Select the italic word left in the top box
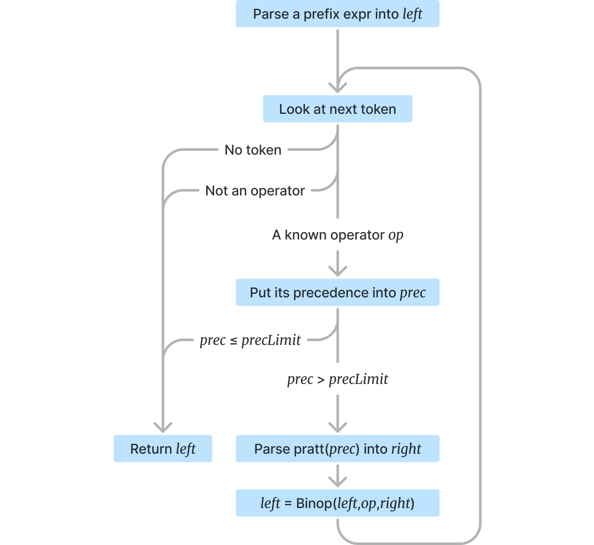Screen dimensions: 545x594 pos(412,14)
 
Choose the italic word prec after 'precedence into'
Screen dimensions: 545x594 pos(412,293)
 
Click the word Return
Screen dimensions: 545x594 pos(151,449)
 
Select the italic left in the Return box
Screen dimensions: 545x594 pos(185,449)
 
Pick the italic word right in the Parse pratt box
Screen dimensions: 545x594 pos(406,449)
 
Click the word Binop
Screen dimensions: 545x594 pos(314,503)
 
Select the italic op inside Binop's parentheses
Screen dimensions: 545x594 pos(368,504)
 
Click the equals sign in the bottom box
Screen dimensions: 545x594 pos(288,504)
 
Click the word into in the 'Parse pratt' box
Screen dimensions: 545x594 pos(375,449)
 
